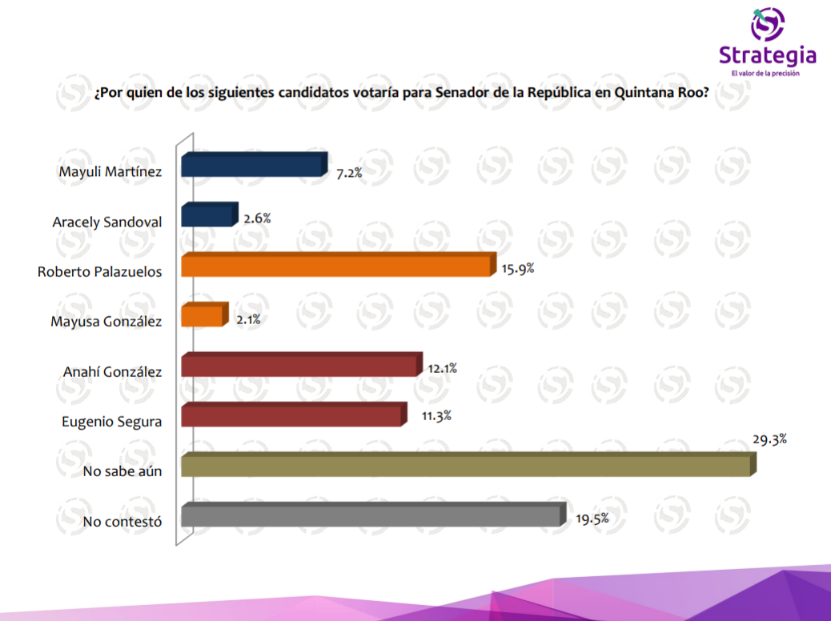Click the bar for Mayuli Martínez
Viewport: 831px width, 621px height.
pos(253,166)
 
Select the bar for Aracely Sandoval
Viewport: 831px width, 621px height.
pos(208,215)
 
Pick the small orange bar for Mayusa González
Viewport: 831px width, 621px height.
pos(203,315)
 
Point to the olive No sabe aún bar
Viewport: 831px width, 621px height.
pos(467,466)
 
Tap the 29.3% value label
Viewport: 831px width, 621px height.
pos(769,439)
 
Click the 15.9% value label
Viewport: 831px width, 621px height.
pos(518,269)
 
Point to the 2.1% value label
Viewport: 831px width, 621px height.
pos(248,319)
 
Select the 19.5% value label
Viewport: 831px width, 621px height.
pos(592,519)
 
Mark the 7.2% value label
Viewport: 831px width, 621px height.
pos(350,172)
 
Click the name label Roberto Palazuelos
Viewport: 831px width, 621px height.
pos(100,271)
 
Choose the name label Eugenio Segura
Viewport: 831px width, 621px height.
pos(112,421)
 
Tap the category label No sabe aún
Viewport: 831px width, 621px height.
pos(122,471)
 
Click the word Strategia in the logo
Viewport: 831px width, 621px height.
pos(767,55)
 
